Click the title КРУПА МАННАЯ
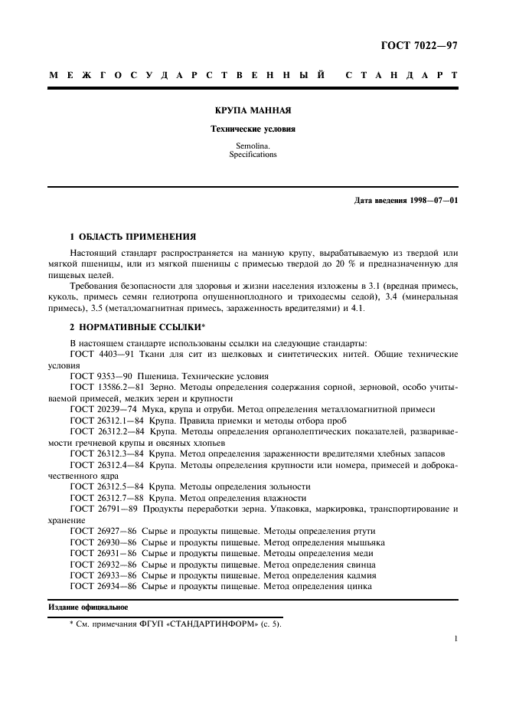coord(253,110)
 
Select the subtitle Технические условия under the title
coord(253,129)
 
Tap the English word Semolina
coord(253,145)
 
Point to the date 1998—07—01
coord(429,201)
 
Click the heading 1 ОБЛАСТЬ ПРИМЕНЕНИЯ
coord(132,237)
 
